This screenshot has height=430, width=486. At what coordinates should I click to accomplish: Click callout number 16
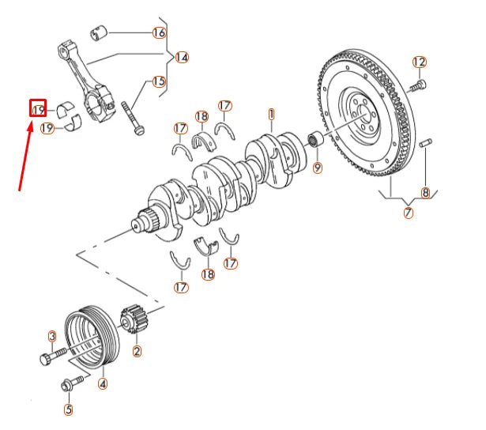[x=160, y=32]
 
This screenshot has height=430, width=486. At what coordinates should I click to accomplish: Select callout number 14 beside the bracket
[x=182, y=58]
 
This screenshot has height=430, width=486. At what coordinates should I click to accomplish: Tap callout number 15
[x=160, y=81]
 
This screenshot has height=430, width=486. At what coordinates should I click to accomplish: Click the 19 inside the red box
[x=39, y=110]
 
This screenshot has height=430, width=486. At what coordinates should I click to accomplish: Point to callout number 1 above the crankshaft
[x=271, y=115]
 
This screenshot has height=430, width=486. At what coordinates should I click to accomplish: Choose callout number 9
[x=318, y=168]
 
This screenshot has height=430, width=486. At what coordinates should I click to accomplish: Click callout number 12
[x=420, y=62]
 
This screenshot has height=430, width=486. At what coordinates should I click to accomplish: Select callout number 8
[x=426, y=193]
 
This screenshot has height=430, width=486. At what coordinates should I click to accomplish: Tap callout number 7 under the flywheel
[x=409, y=213]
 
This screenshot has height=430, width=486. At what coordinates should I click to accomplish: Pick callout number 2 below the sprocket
[x=137, y=351]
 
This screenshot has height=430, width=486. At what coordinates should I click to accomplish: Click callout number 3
[x=52, y=336]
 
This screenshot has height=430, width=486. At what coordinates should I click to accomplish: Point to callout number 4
[x=103, y=384]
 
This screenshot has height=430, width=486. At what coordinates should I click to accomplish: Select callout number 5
[x=69, y=409]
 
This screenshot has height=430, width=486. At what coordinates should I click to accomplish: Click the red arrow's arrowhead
[x=30, y=126]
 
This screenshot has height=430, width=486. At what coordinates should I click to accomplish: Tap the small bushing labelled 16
[x=99, y=33]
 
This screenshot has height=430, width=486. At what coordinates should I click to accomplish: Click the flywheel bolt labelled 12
[x=417, y=86]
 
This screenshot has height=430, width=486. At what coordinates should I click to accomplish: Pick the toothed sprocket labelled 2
[x=134, y=319]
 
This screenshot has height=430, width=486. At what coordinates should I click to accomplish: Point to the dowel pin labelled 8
[x=425, y=142]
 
